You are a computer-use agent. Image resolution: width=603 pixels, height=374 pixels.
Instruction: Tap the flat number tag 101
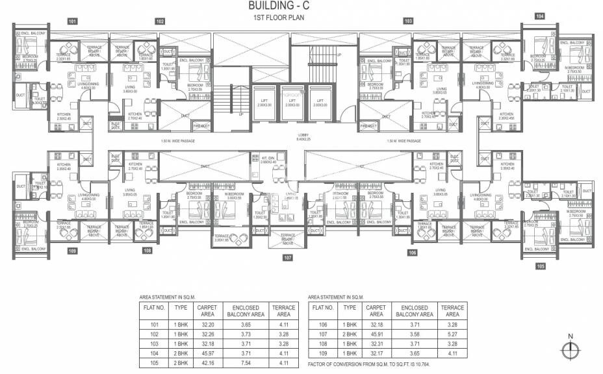tap(73, 21)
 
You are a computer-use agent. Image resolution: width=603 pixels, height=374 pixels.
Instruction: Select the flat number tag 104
tap(540, 16)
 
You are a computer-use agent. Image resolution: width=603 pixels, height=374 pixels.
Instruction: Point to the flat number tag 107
tap(287, 258)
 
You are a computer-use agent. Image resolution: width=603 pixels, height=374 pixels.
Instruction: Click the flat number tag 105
tap(540, 265)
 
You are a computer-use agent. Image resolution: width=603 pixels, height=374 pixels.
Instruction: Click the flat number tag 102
tap(160, 21)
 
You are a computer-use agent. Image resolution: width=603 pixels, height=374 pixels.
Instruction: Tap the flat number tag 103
tap(408, 21)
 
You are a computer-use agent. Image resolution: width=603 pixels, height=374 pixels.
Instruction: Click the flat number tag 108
tap(148, 250)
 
